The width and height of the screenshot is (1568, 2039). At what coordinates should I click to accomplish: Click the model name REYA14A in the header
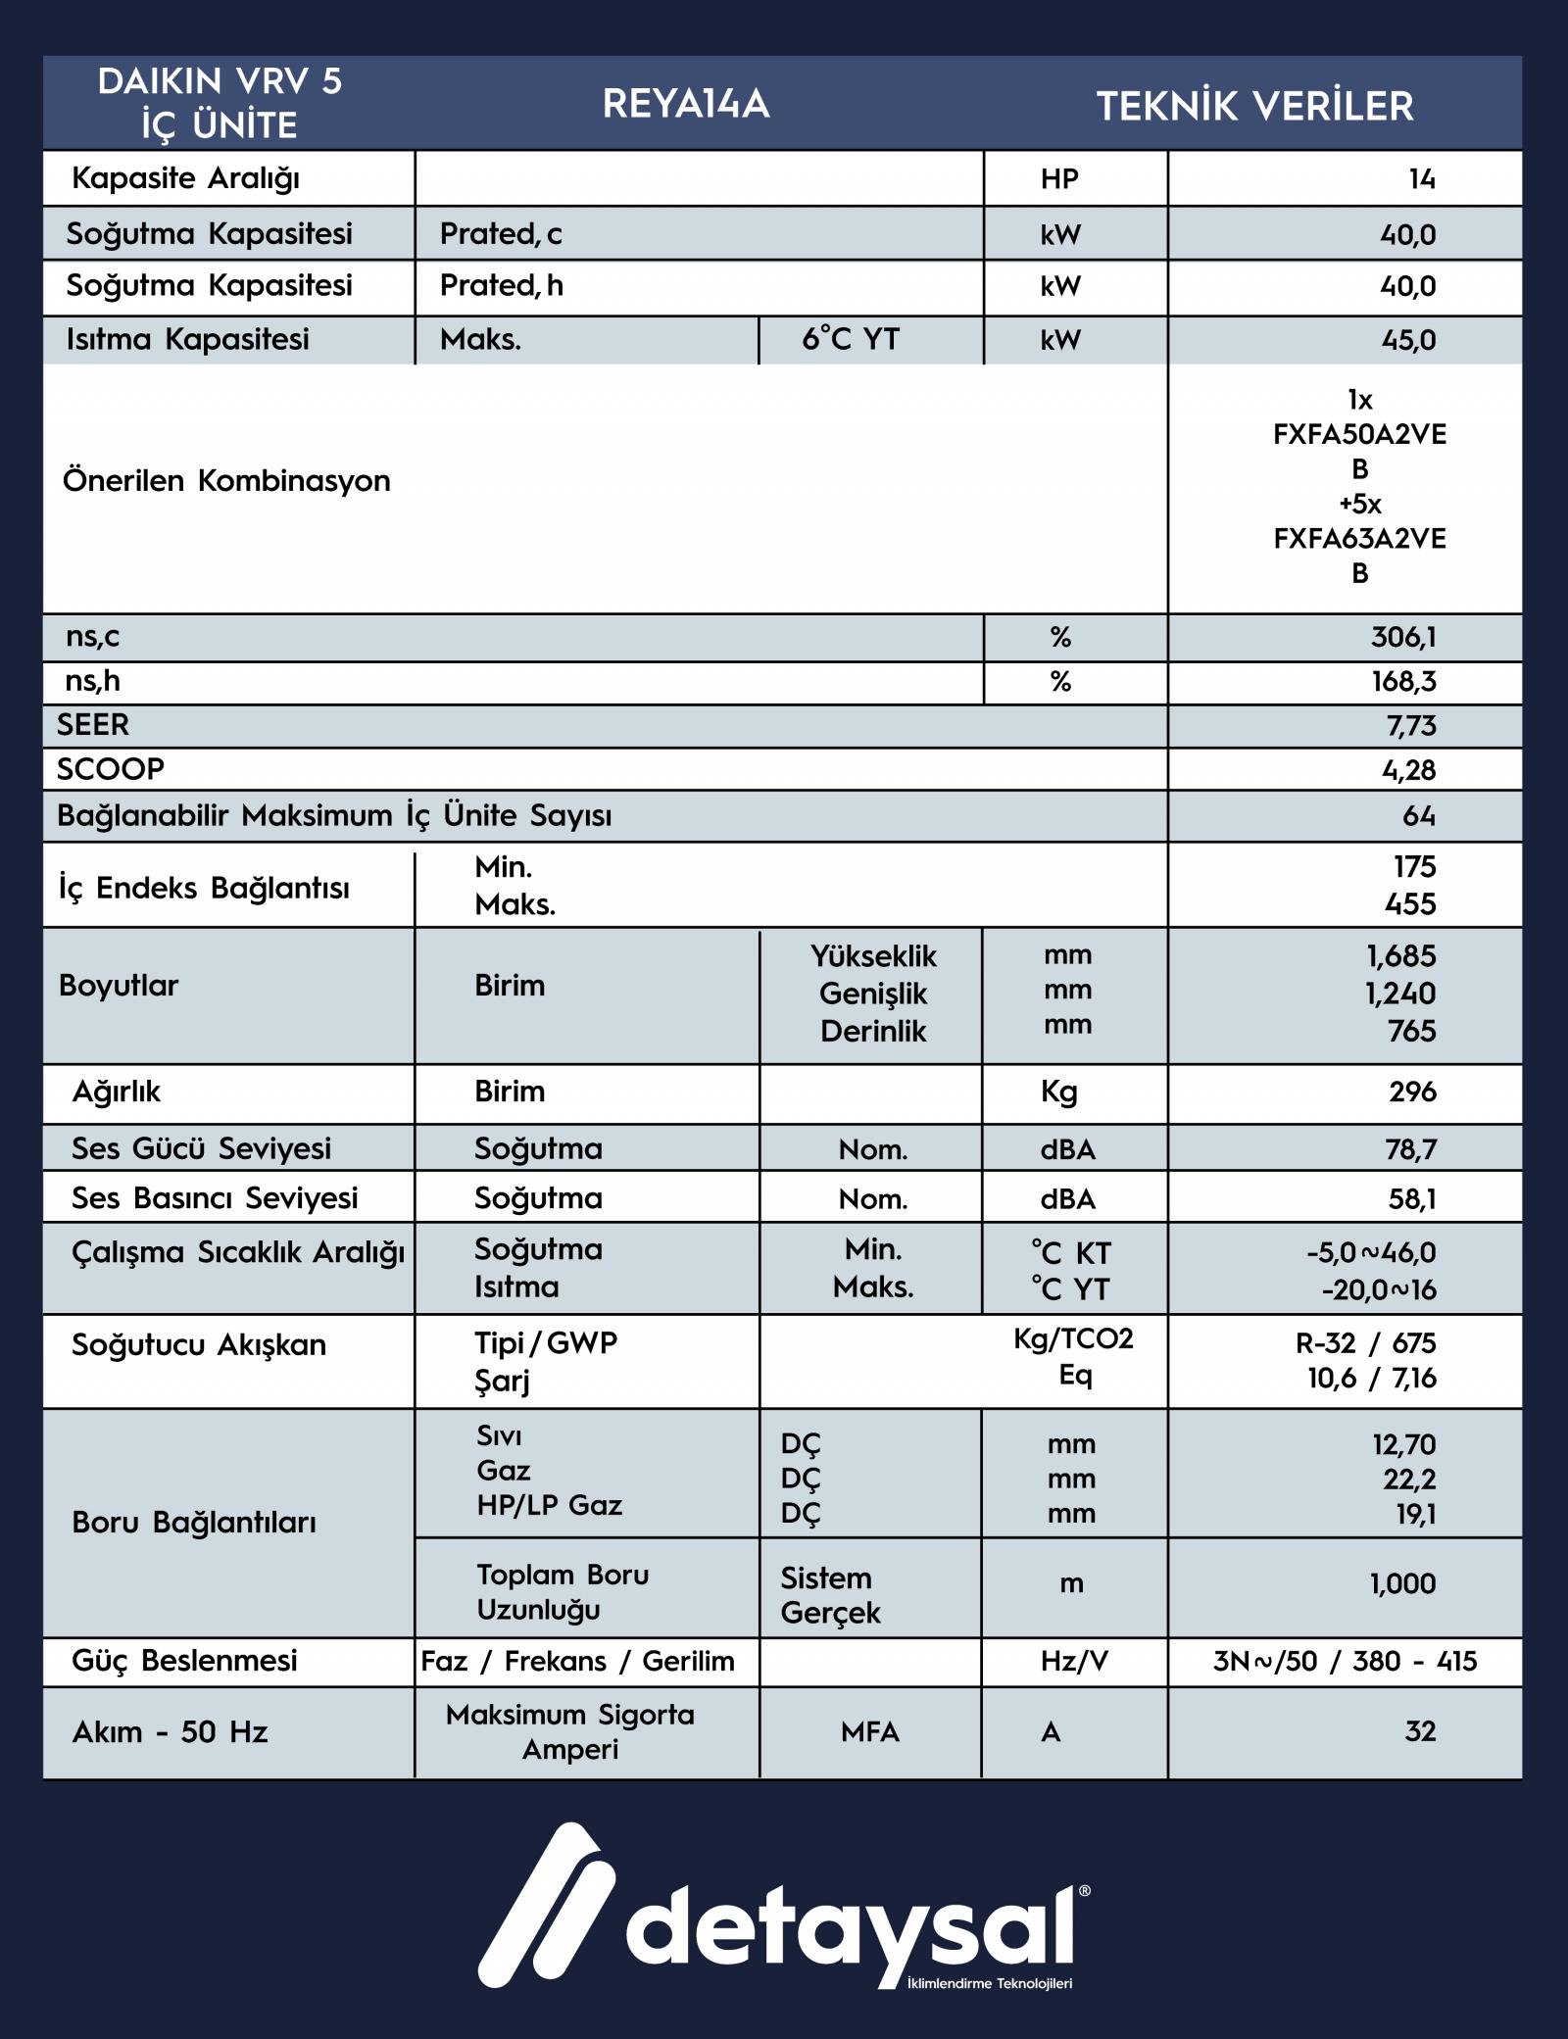coord(686,104)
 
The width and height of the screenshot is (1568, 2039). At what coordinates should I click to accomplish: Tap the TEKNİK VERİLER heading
coord(1254,106)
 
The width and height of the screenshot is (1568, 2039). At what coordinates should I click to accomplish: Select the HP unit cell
coord(1059,178)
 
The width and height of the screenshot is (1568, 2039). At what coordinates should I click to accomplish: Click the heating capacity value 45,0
coord(1407,340)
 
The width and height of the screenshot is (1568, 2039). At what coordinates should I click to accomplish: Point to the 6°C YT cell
coord(851,339)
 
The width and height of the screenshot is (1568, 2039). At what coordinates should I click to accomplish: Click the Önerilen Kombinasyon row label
coord(226,481)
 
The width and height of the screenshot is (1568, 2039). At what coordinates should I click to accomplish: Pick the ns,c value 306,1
coord(1403,638)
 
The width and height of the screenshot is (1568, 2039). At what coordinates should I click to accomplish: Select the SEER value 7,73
coord(1408,726)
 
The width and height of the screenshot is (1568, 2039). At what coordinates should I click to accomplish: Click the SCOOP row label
coord(111,769)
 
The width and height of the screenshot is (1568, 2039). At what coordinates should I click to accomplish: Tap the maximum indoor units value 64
coord(1418,815)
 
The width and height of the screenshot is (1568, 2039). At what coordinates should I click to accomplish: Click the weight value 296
coord(1412,1092)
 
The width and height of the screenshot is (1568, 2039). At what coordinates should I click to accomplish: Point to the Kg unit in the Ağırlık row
coord(1059,1092)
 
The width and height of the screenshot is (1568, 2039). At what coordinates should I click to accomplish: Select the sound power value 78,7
coord(1411,1148)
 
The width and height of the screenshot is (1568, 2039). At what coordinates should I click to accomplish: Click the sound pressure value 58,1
coord(1411,1198)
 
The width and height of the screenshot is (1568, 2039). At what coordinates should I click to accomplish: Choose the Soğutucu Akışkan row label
coord(199,1345)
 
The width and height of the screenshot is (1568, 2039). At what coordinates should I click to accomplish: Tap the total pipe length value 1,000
coord(1402,1583)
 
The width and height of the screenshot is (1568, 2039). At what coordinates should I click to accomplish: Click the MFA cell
coord(869,1732)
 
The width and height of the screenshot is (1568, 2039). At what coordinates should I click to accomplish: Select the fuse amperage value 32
coord(1420,1731)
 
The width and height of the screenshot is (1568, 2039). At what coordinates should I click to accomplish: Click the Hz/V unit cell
coord(1074,1661)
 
